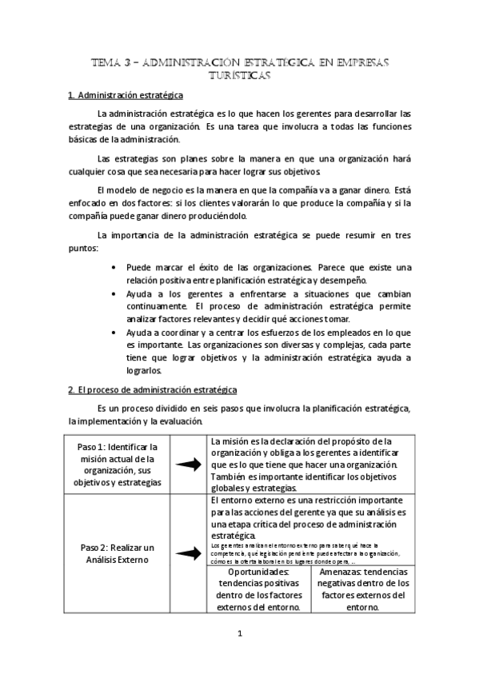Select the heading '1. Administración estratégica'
(x=126, y=96)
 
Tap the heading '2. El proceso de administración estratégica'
(x=152, y=389)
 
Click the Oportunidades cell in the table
(x=258, y=590)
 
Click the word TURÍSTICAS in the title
(x=240, y=75)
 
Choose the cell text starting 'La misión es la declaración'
(x=308, y=465)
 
